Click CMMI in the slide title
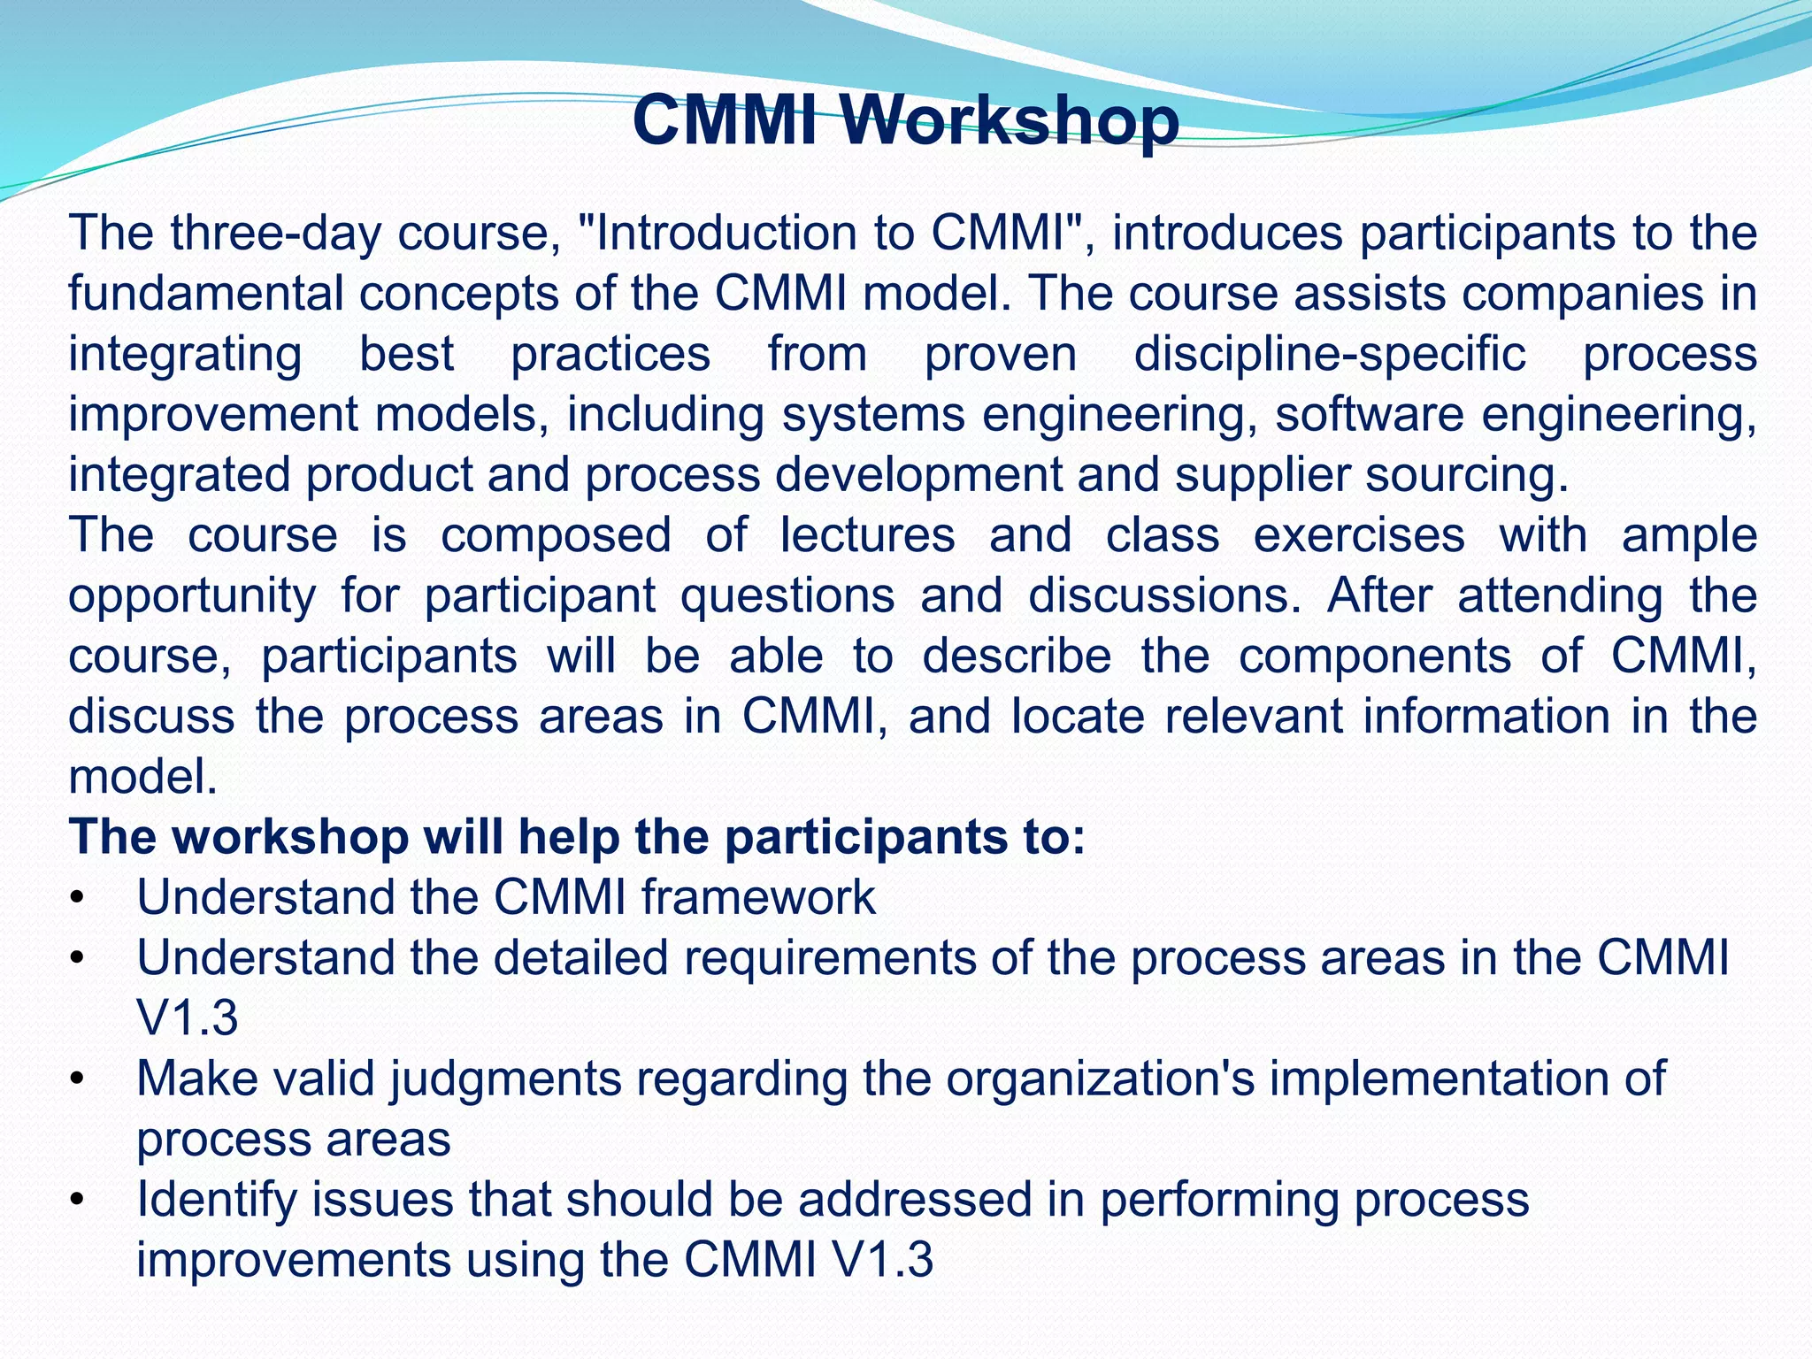point(725,121)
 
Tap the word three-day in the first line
point(275,234)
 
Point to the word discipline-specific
point(1330,354)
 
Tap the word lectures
point(867,535)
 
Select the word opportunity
point(192,596)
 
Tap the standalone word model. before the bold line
point(142,777)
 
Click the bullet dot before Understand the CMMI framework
point(78,899)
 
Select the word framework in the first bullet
point(758,898)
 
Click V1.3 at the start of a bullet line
point(188,1018)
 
